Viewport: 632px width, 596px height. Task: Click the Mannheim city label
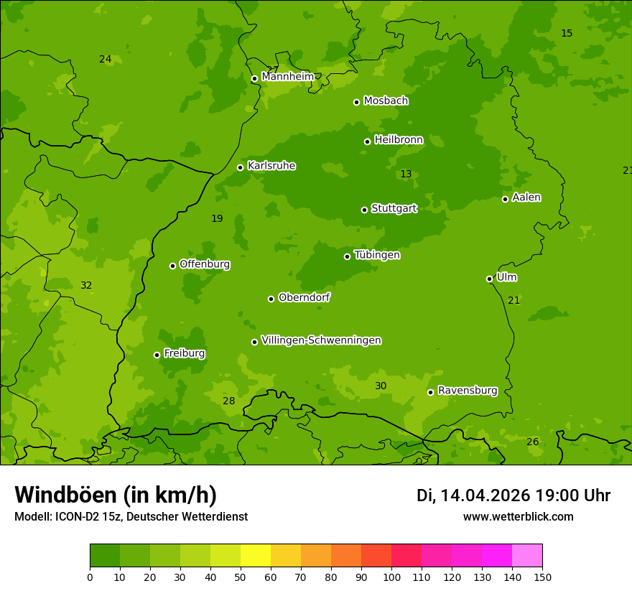[287, 77]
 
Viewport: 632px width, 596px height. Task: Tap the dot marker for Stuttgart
[364, 210]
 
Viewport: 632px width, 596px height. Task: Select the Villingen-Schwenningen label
[321, 340]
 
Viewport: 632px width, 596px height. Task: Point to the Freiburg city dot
[157, 355]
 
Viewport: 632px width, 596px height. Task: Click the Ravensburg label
[468, 391]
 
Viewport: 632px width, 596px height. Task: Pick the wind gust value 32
[86, 286]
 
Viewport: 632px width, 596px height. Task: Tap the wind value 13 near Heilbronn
[406, 174]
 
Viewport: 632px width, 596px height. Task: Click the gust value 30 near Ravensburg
[381, 386]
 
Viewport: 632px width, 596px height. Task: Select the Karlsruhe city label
[271, 166]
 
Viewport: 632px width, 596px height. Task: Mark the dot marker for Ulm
[489, 279]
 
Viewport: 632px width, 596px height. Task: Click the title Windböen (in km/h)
[116, 495]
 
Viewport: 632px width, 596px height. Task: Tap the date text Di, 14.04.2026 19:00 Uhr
[513, 495]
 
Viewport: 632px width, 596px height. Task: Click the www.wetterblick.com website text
[518, 516]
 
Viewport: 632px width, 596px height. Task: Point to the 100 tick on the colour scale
[391, 577]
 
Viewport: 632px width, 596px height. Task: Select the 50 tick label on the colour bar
[241, 577]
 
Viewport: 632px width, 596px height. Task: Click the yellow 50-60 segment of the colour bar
[256, 556]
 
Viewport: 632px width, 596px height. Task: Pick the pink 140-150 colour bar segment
[527, 556]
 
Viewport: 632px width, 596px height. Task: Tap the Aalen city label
[526, 197]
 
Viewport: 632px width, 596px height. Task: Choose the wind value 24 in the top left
[106, 60]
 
